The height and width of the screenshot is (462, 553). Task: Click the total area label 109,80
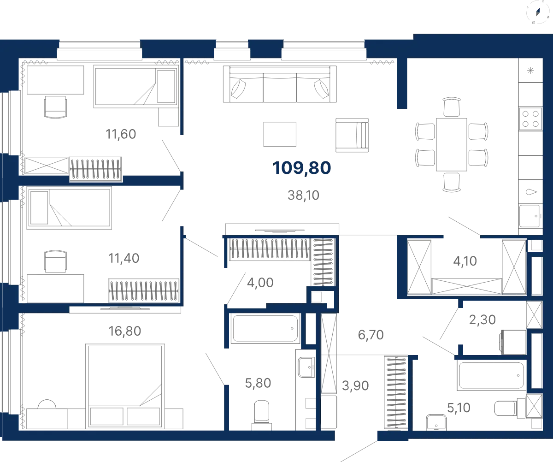[302, 168]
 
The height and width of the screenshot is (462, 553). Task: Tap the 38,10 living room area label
[304, 195]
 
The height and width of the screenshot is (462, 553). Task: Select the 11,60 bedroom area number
[121, 134]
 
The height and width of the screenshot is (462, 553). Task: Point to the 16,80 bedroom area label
[125, 331]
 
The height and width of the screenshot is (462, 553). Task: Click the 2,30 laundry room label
[482, 320]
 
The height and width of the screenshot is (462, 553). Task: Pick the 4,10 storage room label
[465, 261]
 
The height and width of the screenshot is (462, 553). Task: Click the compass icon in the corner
[538, 12]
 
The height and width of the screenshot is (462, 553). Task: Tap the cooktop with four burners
[530, 119]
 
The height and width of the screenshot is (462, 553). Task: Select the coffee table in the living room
[280, 134]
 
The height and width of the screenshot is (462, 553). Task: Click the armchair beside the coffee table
[352, 135]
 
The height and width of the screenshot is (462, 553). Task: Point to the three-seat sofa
[280, 84]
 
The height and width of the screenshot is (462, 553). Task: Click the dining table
[452, 144]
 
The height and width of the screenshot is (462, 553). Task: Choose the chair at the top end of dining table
[452, 107]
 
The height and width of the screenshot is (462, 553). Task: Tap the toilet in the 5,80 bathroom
[262, 415]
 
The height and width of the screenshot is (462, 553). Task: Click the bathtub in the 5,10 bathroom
[492, 375]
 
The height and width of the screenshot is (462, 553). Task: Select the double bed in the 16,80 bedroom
[125, 386]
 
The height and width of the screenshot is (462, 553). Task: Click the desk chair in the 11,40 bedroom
[55, 261]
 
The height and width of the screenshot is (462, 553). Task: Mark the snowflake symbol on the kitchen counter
[530, 71]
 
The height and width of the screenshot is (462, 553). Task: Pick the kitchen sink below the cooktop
[529, 216]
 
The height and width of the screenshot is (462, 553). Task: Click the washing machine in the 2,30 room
[513, 342]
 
